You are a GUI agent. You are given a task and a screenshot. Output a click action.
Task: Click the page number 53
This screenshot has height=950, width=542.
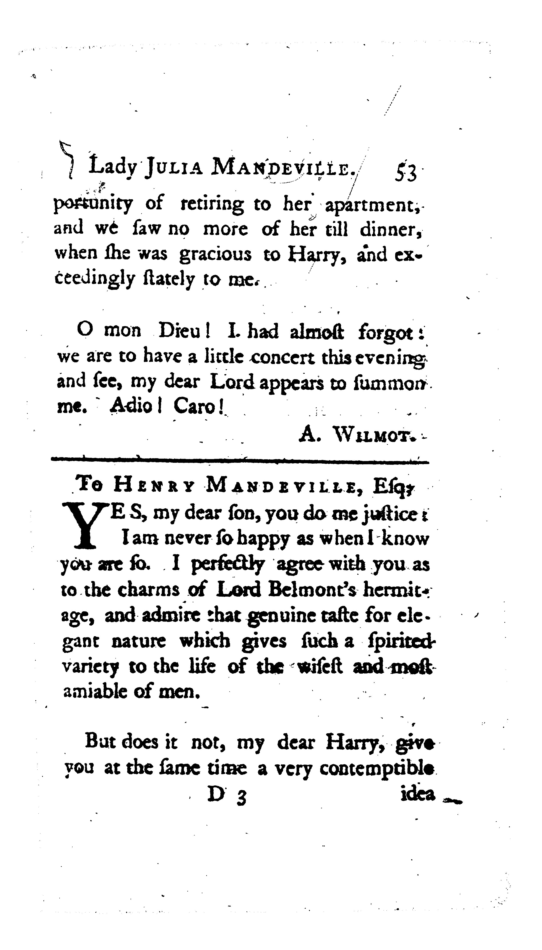[x=405, y=173]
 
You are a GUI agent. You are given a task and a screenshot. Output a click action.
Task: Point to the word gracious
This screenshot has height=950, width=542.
[x=215, y=255]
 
